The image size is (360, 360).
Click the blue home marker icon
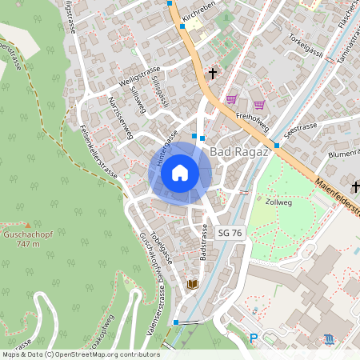coord(180,173)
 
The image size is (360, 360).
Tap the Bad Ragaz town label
coord(237,151)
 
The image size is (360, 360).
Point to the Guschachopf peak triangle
coord(27,226)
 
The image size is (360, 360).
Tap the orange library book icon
coord(192,284)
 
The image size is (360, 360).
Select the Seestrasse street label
coord(302,128)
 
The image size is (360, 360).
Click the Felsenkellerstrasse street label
coord(99,156)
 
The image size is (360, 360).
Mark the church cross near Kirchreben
coord(213,74)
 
